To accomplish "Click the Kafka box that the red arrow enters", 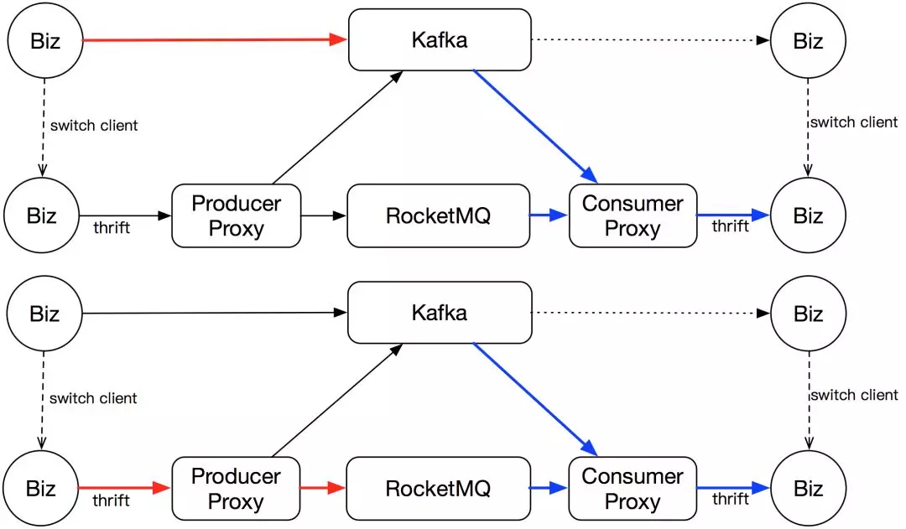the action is (440, 40).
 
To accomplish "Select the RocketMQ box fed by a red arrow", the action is (438, 489).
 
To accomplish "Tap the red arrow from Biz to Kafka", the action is (215, 39).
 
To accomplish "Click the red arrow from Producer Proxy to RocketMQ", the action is (322, 488).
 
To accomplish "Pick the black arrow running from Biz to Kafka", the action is (215, 313).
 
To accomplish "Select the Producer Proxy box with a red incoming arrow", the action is (236, 489).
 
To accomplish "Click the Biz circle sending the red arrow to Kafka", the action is (45, 40).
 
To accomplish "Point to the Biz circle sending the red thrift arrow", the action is (40, 489).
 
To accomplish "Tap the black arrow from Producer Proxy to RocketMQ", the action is (324, 215).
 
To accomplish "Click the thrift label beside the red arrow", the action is (111, 500).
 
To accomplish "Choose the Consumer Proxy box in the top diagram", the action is (633, 215).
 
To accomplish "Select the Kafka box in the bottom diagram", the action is (440, 313).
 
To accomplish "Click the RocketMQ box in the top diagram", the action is (438, 215).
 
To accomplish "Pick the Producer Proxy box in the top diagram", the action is (237, 215).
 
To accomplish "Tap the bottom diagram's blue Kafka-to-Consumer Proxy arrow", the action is (535, 400).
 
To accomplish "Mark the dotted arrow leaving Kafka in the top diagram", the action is (651, 40).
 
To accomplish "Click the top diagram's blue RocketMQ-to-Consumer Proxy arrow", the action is (549, 215).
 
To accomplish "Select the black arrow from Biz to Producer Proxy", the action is (125, 215).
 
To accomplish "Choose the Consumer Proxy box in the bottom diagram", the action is (633, 489).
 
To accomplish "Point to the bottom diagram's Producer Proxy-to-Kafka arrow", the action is (337, 400).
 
